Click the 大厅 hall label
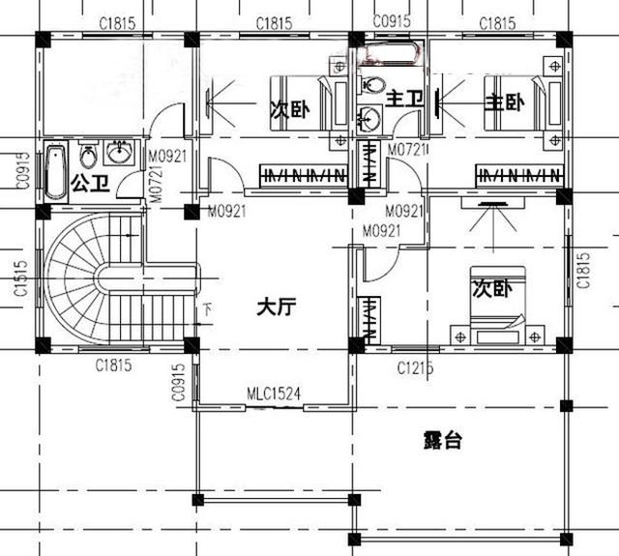(x=276, y=307)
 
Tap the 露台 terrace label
(x=442, y=440)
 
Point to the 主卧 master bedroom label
(x=504, y=102)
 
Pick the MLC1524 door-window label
(x=275, y=394)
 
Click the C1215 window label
(x=416, y=368)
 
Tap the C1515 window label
(x=20, y=278)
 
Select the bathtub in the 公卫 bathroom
(x=55, y=171)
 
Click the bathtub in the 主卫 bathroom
(x=389, y=52)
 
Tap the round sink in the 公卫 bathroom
(x=119, y=154)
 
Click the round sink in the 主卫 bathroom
(x=369, y=120)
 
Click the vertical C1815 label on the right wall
(x=582, y=271)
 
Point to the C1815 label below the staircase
(x=114, y=366)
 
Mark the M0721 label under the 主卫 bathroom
(x=407, y=150)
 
